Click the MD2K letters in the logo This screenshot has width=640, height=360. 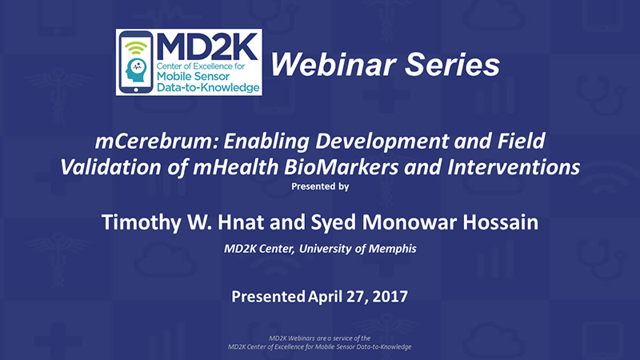(x=207, y=46)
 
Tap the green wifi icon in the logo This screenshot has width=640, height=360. (x=136, y=48)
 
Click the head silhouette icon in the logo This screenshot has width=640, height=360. (x=136, y=70)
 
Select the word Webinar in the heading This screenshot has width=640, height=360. (x=333, y=65)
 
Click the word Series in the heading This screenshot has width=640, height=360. (x=452, y=65)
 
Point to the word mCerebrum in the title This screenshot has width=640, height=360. (x=157, y=142)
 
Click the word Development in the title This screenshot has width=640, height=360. (x=382, y=142)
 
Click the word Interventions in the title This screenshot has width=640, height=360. (x=514, y=167)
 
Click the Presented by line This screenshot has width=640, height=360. (x=320, y=186)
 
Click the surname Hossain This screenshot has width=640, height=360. (x=501, y=222)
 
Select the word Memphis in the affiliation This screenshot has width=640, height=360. (x=393, y=249)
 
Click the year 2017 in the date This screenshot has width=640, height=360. (x=390, y=297)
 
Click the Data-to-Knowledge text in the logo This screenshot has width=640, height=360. (x=208, y=87)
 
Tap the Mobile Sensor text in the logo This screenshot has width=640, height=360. (x=193, y=76)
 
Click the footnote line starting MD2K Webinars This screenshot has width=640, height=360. (x=319, y=338)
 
